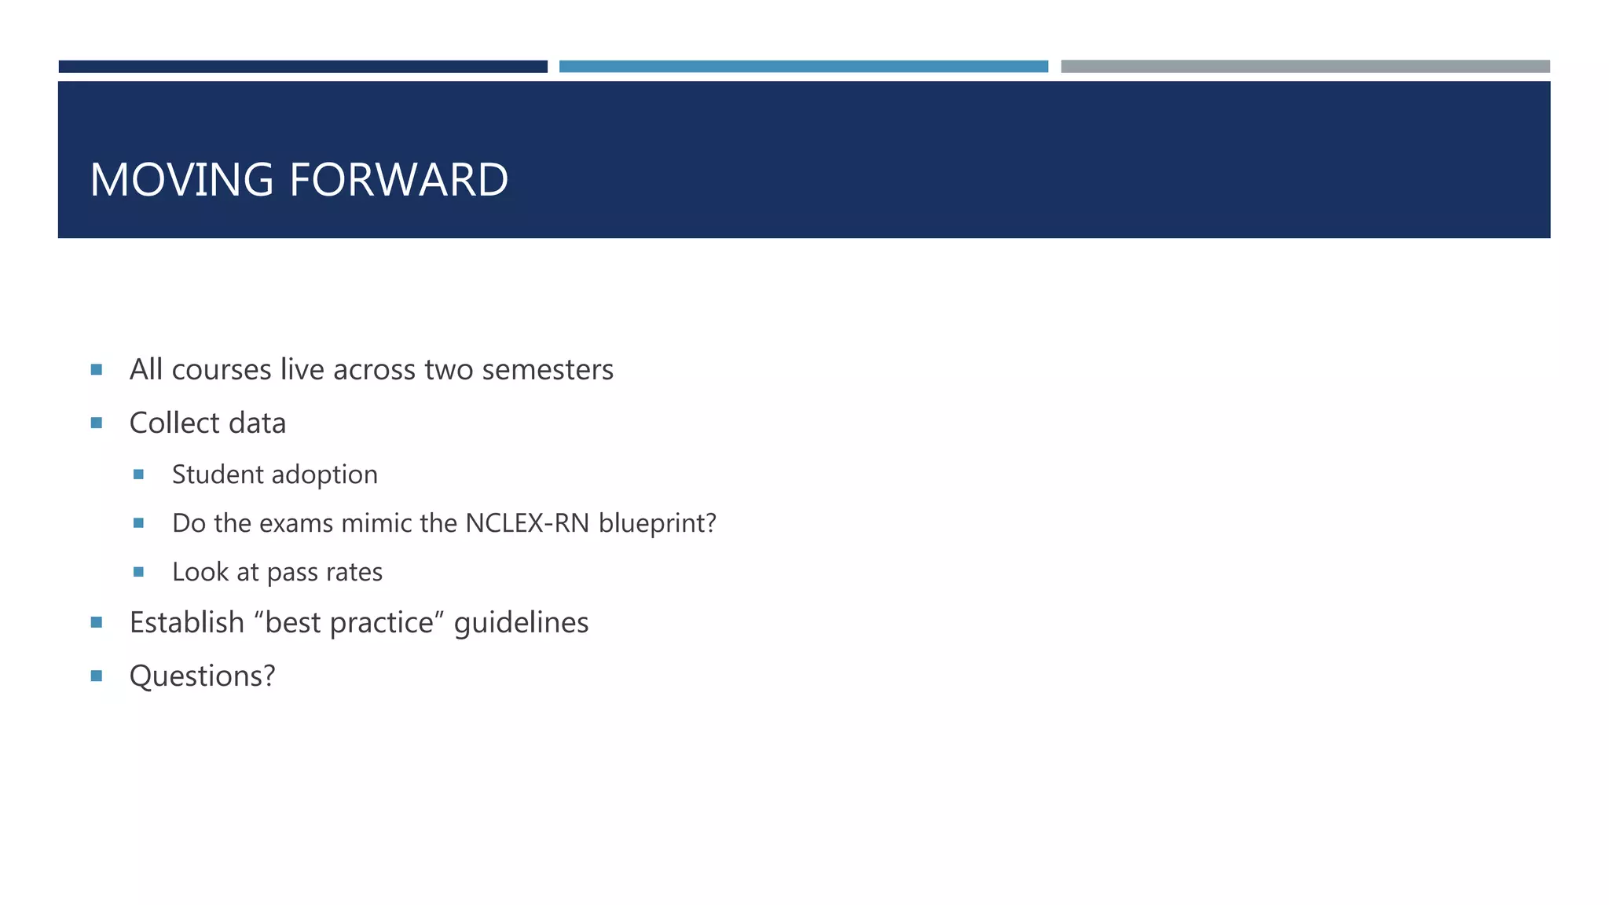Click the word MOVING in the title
coord(181,180)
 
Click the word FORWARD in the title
coord(398,180)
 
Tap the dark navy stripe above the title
coord(302,67)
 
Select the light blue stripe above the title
coord(803,67)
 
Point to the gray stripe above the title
coord(1305,67)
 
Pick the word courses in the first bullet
coord(221,370)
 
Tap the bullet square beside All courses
coord(97,369)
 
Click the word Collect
coord(173,423)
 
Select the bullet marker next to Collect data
coord(97,423)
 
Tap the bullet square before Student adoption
coord(138,474)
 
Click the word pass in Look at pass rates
coord(291,573)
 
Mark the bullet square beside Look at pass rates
coord(138,572)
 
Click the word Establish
coord(187,622)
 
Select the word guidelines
coord(521,623)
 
